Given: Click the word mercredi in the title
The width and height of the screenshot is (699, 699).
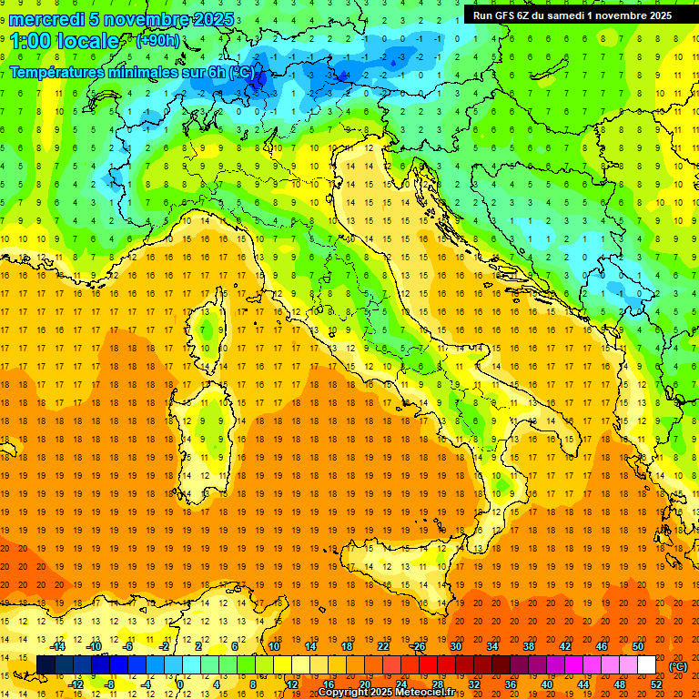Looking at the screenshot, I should [46, 19].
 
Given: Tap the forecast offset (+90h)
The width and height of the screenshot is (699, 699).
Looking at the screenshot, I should [157, 41].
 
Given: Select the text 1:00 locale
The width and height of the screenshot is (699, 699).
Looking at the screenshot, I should [65, 41].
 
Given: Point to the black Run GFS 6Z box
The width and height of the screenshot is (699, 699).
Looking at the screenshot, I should [572, 15].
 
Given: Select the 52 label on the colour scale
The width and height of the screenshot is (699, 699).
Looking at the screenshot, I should [655, 684].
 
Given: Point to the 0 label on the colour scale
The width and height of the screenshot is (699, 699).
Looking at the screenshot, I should [179, 684].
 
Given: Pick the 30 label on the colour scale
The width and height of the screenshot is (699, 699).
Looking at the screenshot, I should [455, 646].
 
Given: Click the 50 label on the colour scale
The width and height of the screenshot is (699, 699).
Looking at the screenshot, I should [637, 646].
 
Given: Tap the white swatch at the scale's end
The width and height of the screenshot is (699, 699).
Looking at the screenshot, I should [646, 665].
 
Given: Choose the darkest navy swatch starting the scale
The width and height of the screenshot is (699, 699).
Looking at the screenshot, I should [46, 665].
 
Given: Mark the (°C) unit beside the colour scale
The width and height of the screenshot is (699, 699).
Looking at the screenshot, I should [678, 666].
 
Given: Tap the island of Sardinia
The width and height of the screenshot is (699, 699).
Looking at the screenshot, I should [205, 437].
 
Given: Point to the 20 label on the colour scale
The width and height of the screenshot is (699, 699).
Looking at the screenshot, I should [364, 684].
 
